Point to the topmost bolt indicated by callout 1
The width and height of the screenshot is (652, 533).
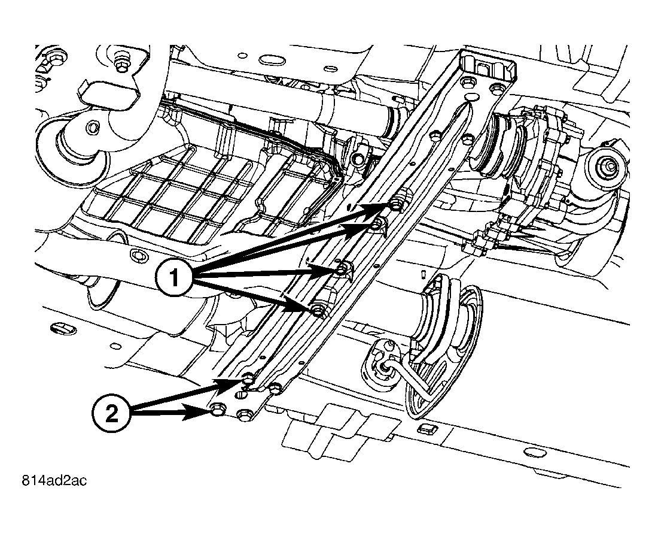[397, 206]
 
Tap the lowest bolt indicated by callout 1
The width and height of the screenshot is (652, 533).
[317, 310]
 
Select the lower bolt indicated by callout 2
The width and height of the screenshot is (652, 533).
[218, 410]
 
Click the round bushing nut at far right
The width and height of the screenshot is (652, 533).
[607, 163]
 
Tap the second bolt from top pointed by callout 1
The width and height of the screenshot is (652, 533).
[377, 225]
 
